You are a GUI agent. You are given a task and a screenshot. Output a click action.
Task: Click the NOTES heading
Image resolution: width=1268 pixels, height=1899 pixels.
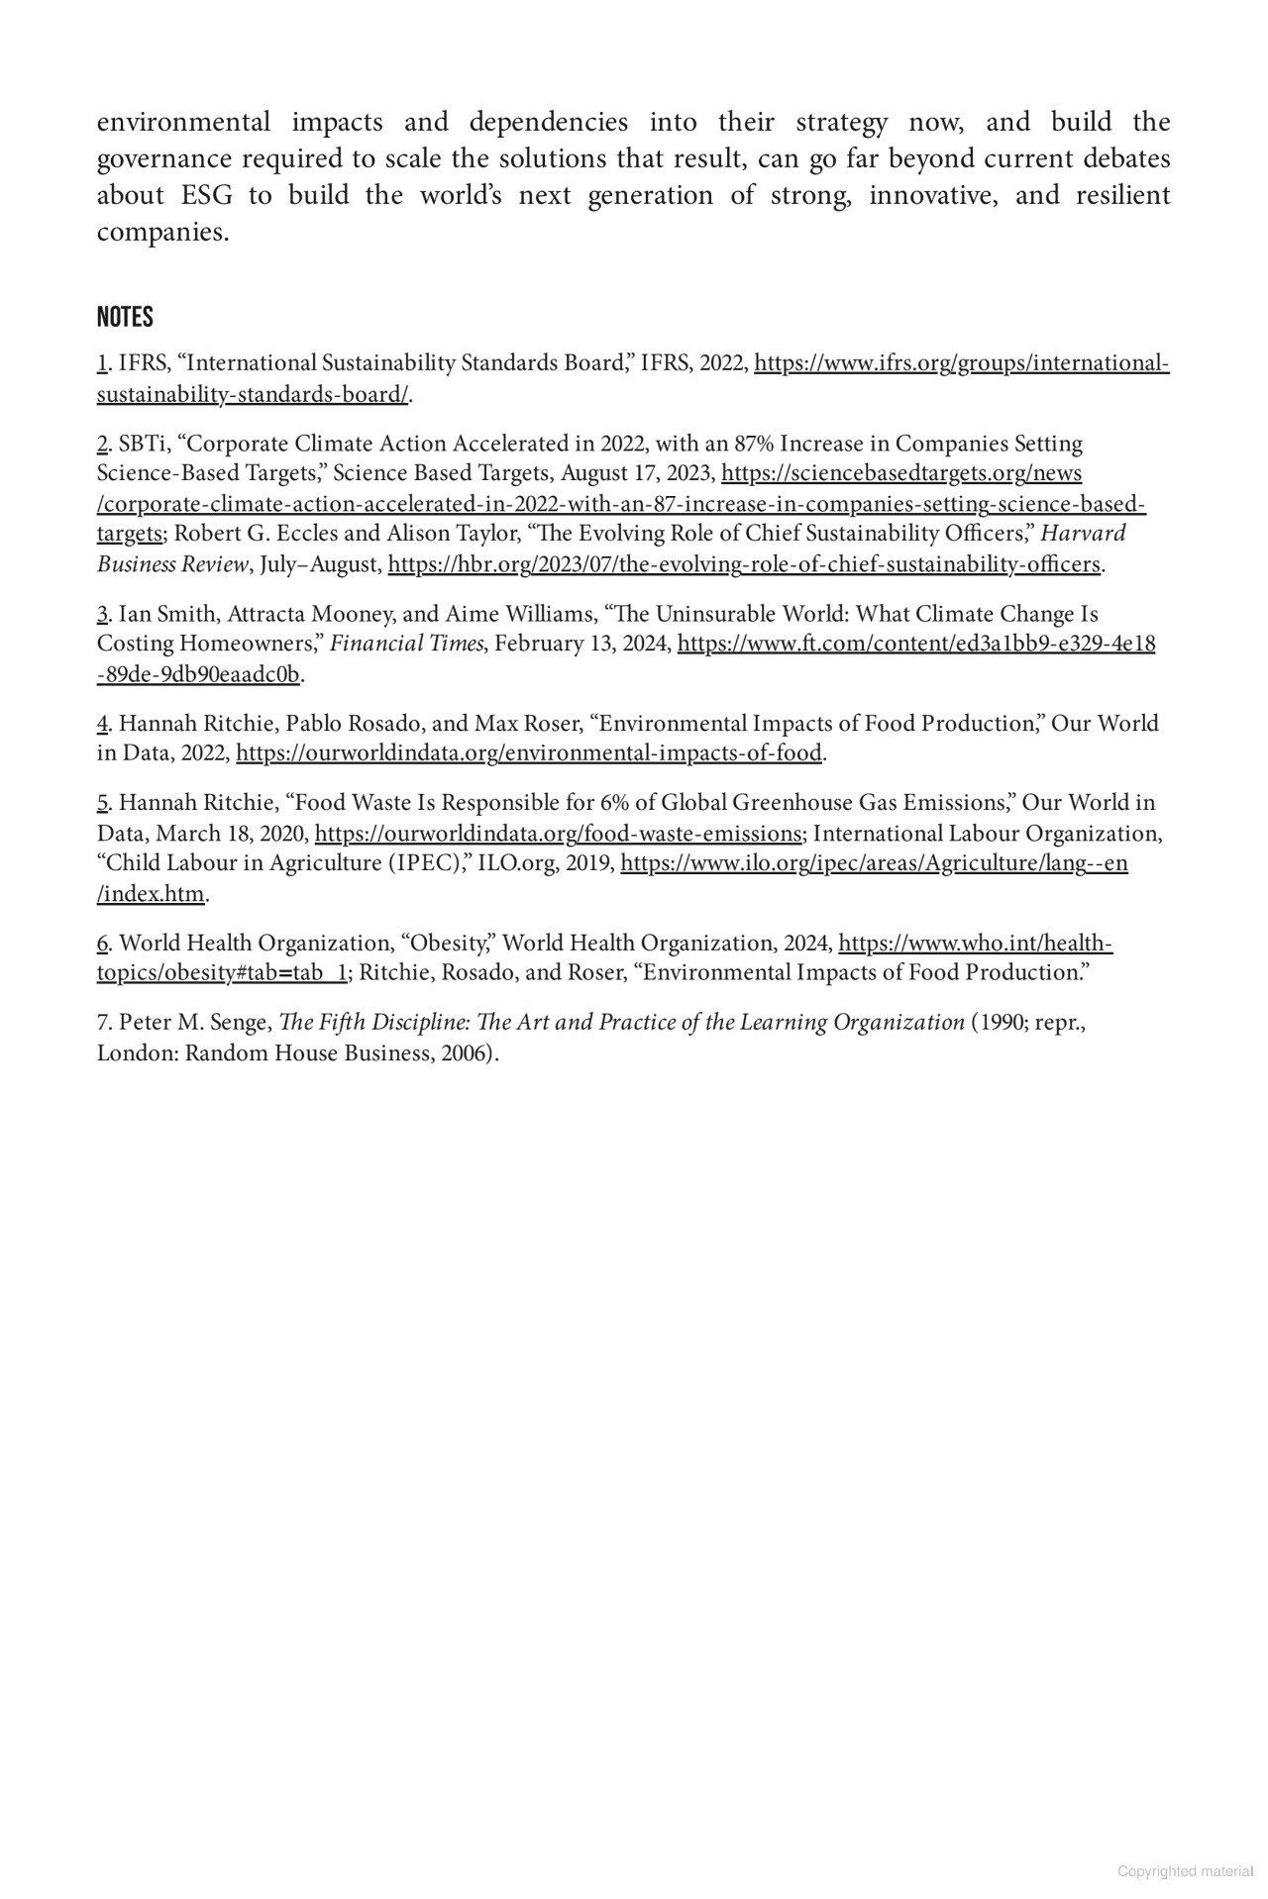coord(125,318)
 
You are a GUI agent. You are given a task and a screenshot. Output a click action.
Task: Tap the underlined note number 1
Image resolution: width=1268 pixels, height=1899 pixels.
coord(101,363)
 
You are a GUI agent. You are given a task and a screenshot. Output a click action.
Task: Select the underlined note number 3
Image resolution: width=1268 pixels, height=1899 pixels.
coord(101,615)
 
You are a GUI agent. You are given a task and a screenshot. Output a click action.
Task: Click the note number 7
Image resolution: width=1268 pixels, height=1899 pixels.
coord(101,1023)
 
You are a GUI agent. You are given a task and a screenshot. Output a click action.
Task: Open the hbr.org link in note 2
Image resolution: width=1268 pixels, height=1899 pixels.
coord(744,565)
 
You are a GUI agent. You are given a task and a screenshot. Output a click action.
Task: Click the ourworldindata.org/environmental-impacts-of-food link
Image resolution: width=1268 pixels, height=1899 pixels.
coord(529,753)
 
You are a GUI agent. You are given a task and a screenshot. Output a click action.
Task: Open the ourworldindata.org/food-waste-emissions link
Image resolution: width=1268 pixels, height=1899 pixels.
coord(558,834)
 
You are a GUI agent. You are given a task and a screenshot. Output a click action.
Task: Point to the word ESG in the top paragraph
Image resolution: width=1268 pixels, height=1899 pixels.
coord(208,195)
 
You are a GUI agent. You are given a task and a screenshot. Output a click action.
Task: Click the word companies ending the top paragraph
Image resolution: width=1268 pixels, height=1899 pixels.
coord(162,233)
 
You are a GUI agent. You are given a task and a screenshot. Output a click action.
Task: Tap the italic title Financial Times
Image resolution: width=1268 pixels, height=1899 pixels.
coord(406,645)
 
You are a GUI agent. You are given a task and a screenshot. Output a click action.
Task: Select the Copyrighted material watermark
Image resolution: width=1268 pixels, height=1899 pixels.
coord(1186,1871)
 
